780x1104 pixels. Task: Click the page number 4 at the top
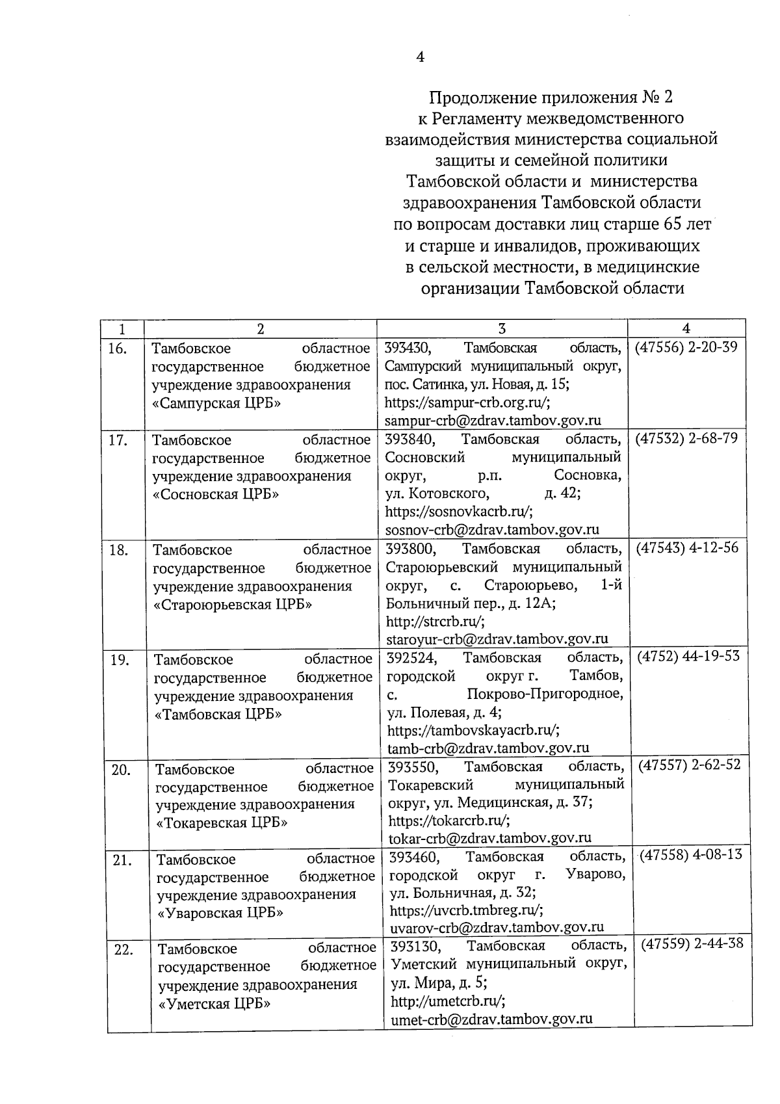coord(420,57)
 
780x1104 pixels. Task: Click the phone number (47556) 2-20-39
coord(686,347)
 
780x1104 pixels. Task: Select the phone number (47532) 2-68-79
coord(686,438)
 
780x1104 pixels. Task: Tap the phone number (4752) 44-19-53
coord(688,656)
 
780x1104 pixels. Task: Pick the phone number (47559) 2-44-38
coord(692,943)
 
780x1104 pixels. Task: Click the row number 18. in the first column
coord(118,550)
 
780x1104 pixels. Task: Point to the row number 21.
coord(122,861)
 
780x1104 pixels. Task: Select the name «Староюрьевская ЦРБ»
coord(233,605)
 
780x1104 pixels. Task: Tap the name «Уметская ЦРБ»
coord(214,1003)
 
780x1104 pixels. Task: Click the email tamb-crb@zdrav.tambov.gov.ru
coord(489,748)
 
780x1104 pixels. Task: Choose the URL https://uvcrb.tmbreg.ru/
coord(467,910)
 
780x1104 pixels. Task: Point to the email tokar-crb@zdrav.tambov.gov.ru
coord(490,838)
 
